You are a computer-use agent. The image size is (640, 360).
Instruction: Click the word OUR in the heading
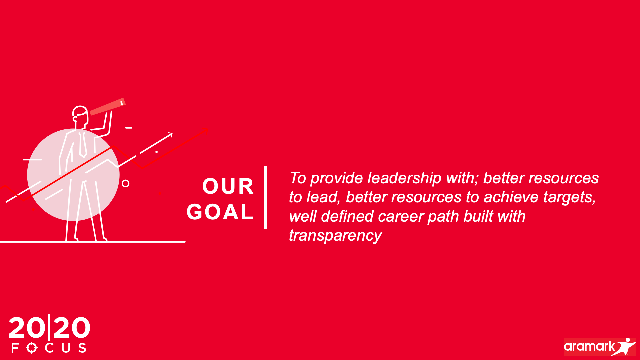(228, 186)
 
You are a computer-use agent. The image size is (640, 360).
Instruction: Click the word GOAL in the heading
(220, 212)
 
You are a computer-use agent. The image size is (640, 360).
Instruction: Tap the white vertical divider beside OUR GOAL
(265, 197)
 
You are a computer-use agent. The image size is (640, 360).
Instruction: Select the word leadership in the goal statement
(404, 178)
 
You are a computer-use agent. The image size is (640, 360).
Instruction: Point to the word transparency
(335, 236)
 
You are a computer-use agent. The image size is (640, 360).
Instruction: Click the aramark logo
(600, 347)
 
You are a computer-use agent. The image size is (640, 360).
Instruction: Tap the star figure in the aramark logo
(624, 347)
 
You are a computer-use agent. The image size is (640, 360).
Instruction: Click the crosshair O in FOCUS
(32, 348)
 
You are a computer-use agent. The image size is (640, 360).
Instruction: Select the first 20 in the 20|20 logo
(27, 328)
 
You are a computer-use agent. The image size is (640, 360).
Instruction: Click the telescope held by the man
(107, 106)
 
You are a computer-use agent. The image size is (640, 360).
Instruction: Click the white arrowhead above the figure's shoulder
(170, 135)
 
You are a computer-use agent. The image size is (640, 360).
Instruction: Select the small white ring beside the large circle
(126, 183)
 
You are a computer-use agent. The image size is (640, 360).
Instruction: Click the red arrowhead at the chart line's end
(205, 131)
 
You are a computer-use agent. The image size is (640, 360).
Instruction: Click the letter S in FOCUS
(82, 348)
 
